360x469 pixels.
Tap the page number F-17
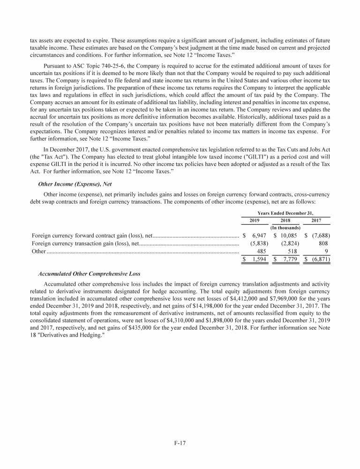(x=180, y=443)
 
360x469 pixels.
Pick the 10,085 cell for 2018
(x=287, y=234)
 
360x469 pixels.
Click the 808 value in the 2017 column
(x=323, y=243)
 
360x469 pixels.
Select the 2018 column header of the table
(x=285, y=219)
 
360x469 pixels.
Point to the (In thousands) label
(x=285, y=227)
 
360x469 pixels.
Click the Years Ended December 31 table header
(x=285, y=212)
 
